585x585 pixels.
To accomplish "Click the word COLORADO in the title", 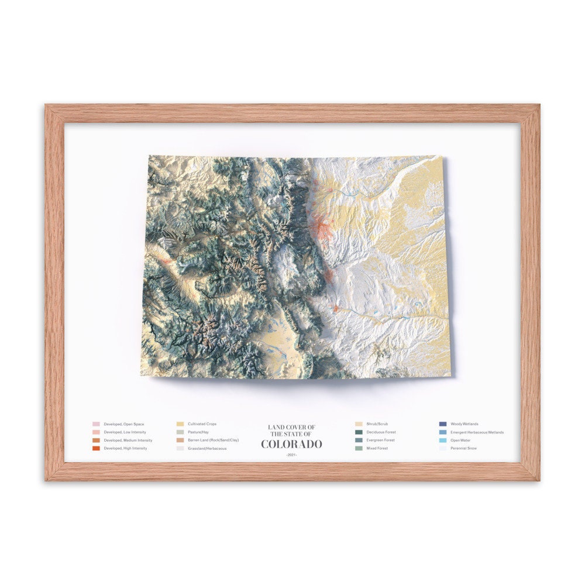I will click(x=291, y=444).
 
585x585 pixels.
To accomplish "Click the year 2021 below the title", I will click(x=291, y=455).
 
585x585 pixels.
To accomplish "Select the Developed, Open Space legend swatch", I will click(x=96, y=424).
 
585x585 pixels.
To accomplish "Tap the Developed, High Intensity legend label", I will click(x=125, y=448).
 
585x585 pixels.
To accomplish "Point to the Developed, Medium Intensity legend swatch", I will click(x=96, y=440).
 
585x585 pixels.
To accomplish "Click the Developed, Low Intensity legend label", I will click(x=124, y=432).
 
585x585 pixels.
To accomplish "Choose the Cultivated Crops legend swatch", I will click(x=180, y=424).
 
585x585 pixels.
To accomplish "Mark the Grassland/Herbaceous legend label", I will click(x=207, y=448).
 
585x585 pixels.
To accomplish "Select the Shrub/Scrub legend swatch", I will click(x=359, y=424).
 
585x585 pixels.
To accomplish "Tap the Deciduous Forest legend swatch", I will click(x=359, y=432).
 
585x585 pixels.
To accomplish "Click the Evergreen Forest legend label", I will click(x=381, y=440).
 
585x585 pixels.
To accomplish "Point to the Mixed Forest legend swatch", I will click(x=359, y=448).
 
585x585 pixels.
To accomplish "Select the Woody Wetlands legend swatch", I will click(x=443, y=424).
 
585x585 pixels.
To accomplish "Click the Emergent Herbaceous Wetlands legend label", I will click(x=477, y=432).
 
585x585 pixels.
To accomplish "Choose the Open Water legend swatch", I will click(x=443, y=440).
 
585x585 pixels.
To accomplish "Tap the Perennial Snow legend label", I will click(x=463, y=448).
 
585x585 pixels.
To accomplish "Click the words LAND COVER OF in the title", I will click(x=291, y=427).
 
